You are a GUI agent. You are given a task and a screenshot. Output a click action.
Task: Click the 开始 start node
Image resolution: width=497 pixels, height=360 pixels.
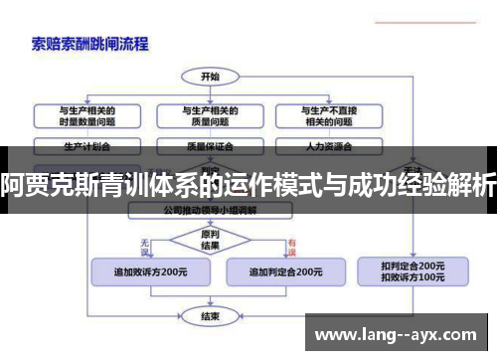(210, 76)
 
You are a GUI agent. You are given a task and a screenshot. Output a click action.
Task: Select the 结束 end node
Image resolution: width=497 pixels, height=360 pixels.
(210, 316)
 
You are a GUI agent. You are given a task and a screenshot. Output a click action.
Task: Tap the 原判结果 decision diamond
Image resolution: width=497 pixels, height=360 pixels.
(210, 240)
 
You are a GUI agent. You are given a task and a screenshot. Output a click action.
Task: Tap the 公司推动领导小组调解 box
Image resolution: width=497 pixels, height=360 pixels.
(210, 211)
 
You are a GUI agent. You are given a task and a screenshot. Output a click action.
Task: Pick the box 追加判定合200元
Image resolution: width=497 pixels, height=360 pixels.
(284, 271)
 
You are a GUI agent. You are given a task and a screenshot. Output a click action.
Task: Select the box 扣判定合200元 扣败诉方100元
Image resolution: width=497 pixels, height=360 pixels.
(413, 270)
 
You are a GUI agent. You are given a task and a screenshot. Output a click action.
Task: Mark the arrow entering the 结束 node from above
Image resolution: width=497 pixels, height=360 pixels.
(210, 302)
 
